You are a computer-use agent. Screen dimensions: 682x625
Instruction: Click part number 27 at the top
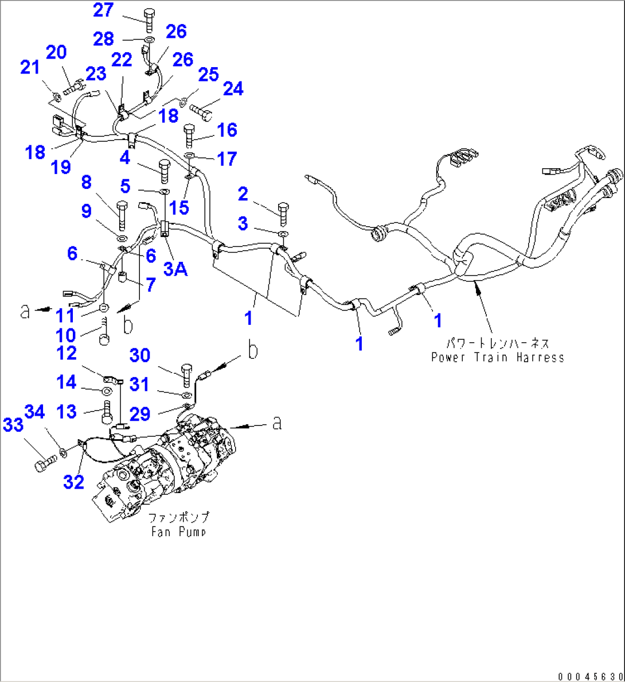coord(104,10)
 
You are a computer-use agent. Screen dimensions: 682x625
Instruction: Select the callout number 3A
coord(176,268)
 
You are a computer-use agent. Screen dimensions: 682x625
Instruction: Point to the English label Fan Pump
coord(178,532)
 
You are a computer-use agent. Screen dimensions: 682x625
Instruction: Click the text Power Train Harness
coord(497,358)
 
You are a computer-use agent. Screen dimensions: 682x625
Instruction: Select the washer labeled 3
coord(283,234)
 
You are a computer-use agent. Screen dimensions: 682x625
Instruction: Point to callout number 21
coord(29,67)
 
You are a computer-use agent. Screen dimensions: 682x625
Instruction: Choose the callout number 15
coord(179,208)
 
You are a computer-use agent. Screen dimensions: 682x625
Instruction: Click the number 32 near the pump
coord(73,482)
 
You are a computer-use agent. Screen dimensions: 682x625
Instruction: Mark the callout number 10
coord(65,335)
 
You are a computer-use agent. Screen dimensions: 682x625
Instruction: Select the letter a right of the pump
coord(277,423)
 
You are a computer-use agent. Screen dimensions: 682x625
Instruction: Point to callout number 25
coord(209,74)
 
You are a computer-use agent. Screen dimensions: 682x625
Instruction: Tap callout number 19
coord(61,167)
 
